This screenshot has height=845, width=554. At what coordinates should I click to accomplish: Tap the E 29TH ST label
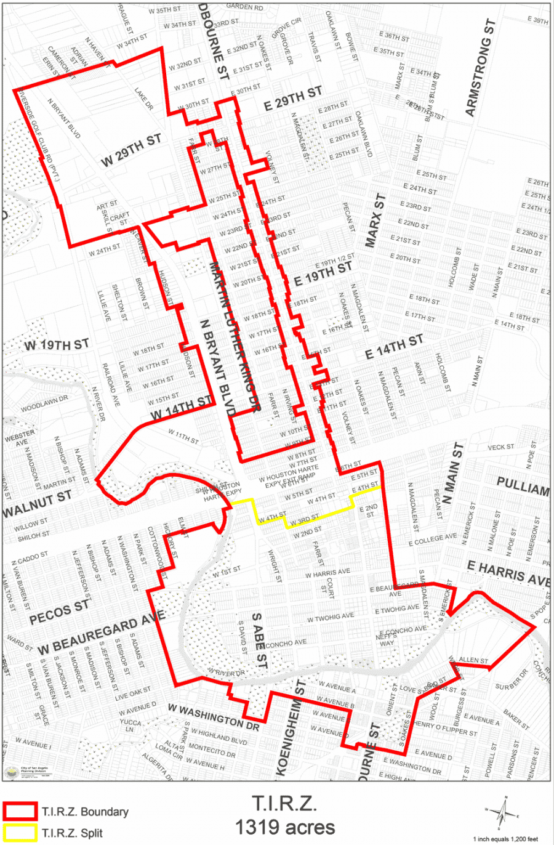293,99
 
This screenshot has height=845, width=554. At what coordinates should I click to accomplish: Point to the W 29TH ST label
131,150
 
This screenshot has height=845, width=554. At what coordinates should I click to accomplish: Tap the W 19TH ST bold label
57,345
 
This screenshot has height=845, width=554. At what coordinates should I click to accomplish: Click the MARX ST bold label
375,220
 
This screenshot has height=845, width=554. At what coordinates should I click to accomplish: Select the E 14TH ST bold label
394,347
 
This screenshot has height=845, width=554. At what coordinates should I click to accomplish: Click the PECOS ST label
59,610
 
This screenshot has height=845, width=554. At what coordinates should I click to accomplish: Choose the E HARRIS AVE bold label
508,573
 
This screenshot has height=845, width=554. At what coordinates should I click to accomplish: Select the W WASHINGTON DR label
214,718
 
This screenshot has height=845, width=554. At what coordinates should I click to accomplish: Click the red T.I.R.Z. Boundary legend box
20,812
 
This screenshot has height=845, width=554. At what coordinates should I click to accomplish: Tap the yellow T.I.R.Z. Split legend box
20,833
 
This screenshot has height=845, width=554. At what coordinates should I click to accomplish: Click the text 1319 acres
285,827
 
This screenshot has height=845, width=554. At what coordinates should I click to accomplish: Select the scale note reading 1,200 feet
505,839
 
